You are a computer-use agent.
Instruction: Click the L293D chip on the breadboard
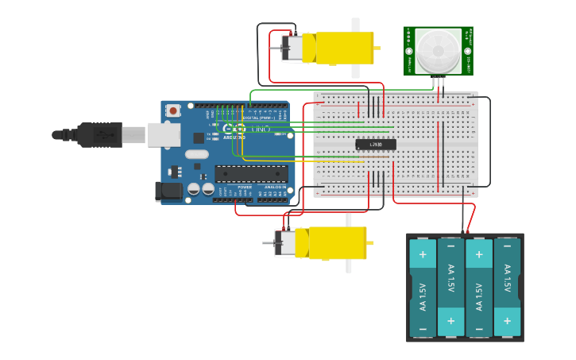coord(376,145)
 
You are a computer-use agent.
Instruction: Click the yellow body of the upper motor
coord(344,48)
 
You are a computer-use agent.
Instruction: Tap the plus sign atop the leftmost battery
coord(423,255)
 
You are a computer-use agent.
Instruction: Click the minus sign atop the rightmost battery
coord(507,255)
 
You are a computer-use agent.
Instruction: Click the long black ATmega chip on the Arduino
coord(252,173)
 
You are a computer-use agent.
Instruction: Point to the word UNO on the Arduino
coord(261,129)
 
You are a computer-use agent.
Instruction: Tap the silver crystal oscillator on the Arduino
coord(198,154)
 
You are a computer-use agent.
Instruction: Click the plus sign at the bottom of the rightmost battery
coord(507,321)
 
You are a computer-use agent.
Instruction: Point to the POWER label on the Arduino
coord(245,187)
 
